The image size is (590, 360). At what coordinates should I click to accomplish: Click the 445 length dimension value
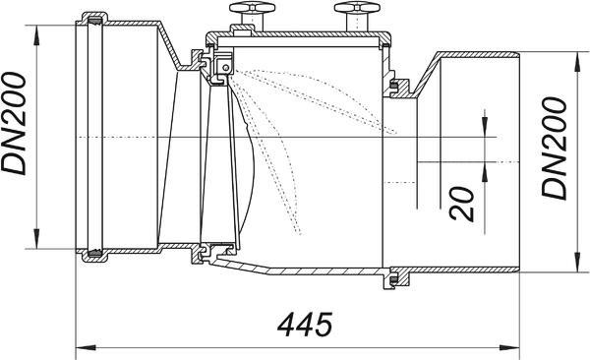click(305, 324)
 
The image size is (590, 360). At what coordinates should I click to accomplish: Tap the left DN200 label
click(14, 124)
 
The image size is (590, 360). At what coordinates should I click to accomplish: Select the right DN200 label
click(554, 148)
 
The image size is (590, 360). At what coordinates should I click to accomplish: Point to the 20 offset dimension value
click(462, 204)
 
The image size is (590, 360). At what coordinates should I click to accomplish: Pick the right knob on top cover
click(357, 16)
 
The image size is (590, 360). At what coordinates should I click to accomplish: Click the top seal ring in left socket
click(95, 20)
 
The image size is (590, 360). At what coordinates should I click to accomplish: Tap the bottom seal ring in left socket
click(95, 254)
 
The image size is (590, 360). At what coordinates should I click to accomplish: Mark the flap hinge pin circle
click(225, 68)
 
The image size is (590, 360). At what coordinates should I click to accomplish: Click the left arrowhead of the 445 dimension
click(85, 347)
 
